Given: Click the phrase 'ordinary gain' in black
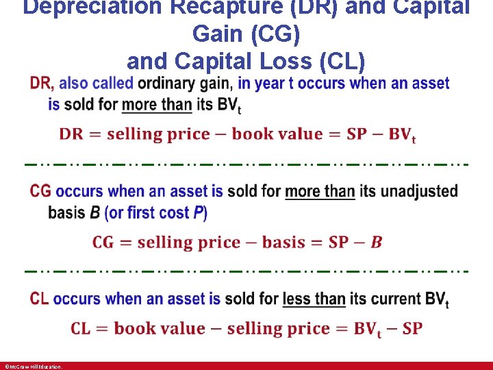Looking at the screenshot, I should [x=185, y=84].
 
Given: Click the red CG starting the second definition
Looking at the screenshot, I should [x=41, y=190].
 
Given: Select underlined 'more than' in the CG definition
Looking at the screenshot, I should [x=320, y=190].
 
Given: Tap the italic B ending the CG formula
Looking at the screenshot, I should [x=377, y=242].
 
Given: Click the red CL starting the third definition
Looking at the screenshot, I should [x=40, y=299].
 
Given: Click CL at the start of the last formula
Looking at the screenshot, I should [x=81, y=328].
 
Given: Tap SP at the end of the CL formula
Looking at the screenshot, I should [x=412, y=328].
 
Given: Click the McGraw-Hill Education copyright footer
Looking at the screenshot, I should [x=33, y=367].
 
